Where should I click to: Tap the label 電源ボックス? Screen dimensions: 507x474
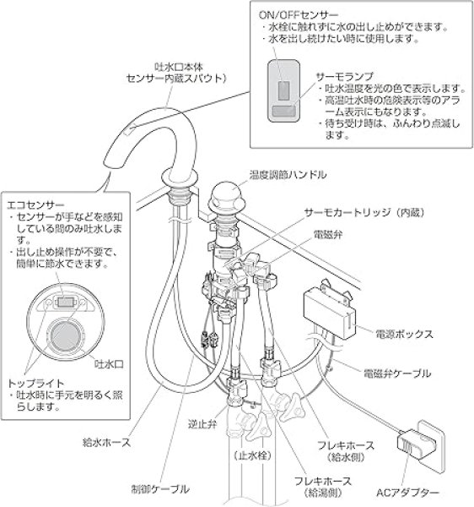pyautogui.click(x=407, y=334)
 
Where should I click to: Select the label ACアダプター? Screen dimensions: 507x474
pyautogui.click(x=409, y=488)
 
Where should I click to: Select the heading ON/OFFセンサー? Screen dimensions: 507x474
pyautogui.click(x=299, y=14)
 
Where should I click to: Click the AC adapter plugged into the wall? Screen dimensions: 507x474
pyautogui.click(x=417, y=443)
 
